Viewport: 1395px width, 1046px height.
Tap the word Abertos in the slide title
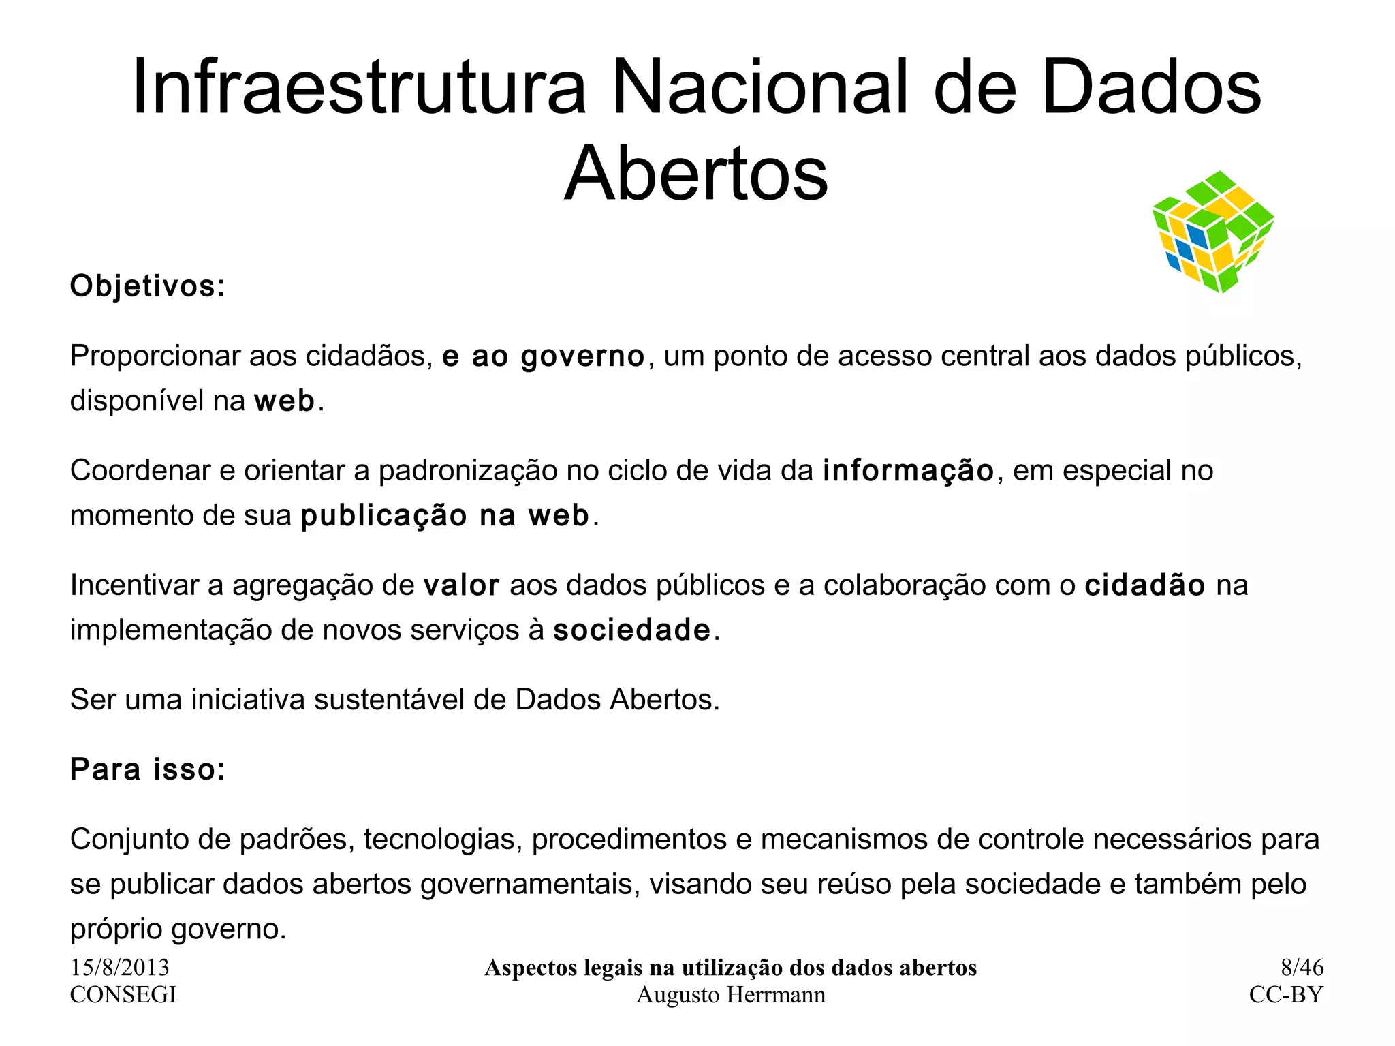696,174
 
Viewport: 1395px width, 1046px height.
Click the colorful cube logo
1213,232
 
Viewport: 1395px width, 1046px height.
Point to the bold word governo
582,357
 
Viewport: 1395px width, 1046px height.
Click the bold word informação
909,471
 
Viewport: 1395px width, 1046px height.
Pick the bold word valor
461,585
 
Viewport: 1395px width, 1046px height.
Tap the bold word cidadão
1145,585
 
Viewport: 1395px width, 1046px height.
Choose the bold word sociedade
632,630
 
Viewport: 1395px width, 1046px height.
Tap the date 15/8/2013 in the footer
120,968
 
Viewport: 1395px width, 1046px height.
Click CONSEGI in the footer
123,995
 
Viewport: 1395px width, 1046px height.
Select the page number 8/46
1302,968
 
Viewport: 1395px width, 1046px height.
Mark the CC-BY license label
1286,995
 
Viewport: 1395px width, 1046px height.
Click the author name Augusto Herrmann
730,996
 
